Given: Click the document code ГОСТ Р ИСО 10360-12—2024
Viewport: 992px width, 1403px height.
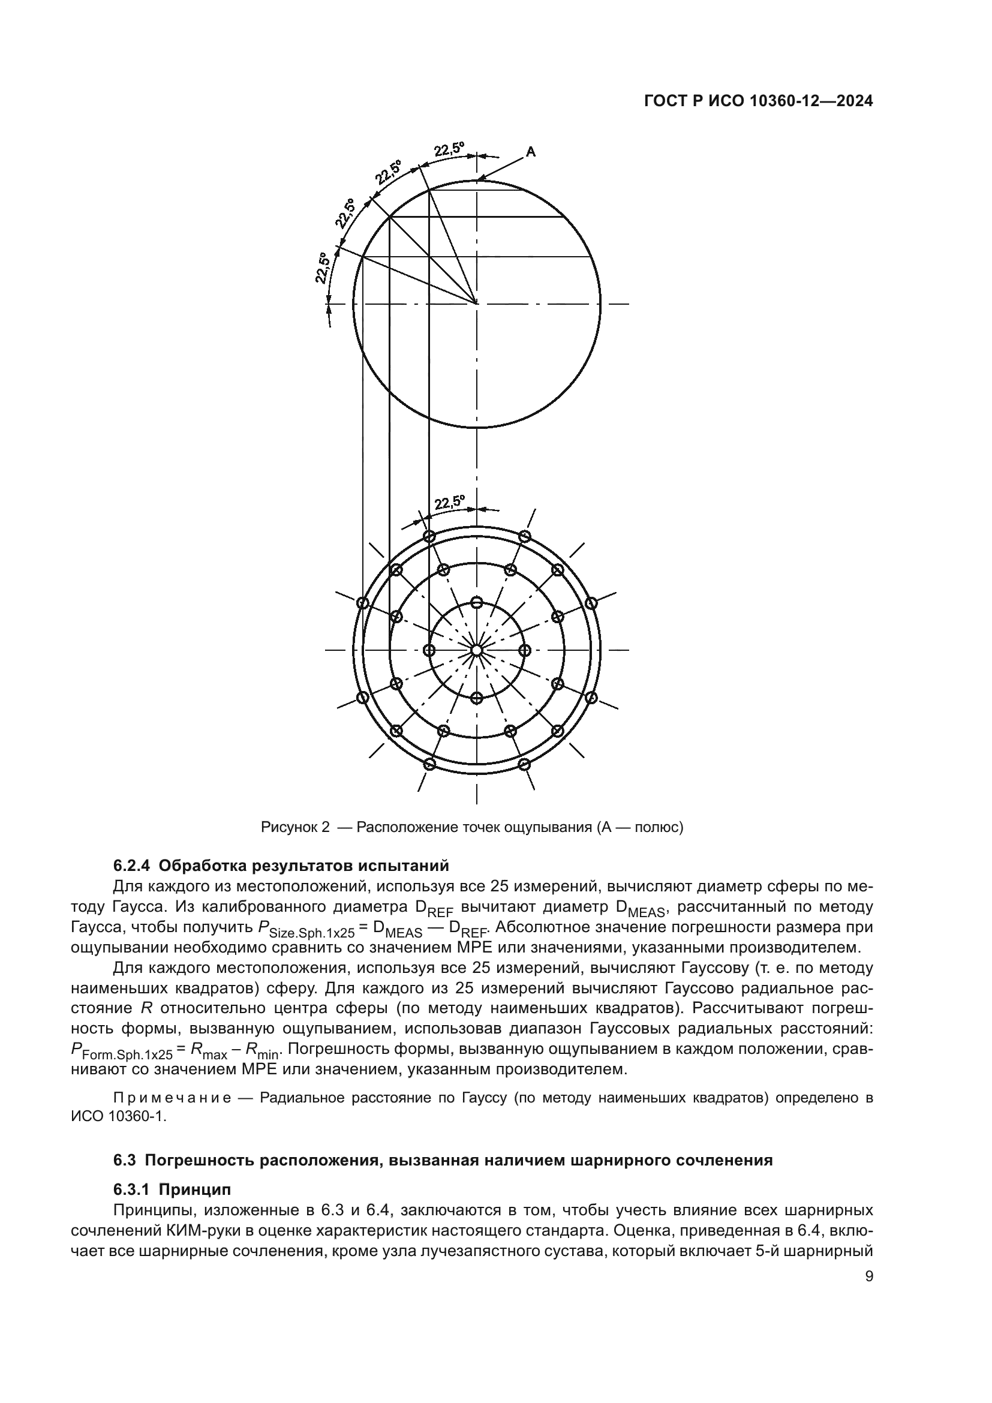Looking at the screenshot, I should click(758, 102).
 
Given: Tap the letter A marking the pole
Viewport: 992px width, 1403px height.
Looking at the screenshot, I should click(531, 152).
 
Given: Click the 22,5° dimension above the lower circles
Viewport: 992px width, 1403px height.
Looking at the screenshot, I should click(450, 503).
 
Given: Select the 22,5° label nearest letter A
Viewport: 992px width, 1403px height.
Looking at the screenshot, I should click(449, 150).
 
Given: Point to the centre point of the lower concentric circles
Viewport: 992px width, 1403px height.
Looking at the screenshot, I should click(476, 650).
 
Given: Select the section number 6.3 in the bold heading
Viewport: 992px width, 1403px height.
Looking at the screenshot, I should click(124, 1160).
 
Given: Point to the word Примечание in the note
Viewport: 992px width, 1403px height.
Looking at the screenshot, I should click(172, 1098).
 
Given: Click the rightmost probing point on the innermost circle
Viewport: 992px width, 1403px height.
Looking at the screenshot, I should click(524, 650).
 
